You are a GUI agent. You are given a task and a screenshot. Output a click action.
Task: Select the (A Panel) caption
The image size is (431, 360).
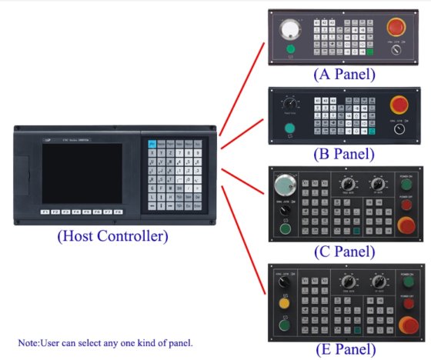(344, 75)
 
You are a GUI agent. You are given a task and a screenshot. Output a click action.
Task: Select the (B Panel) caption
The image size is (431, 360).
(344, 153)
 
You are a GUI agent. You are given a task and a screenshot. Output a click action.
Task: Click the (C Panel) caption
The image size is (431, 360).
(344, 251)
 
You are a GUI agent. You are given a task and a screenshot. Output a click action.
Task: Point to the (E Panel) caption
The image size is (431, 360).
(344, 349)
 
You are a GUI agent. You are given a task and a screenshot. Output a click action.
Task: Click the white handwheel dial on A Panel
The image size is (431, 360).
(290, 29)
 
